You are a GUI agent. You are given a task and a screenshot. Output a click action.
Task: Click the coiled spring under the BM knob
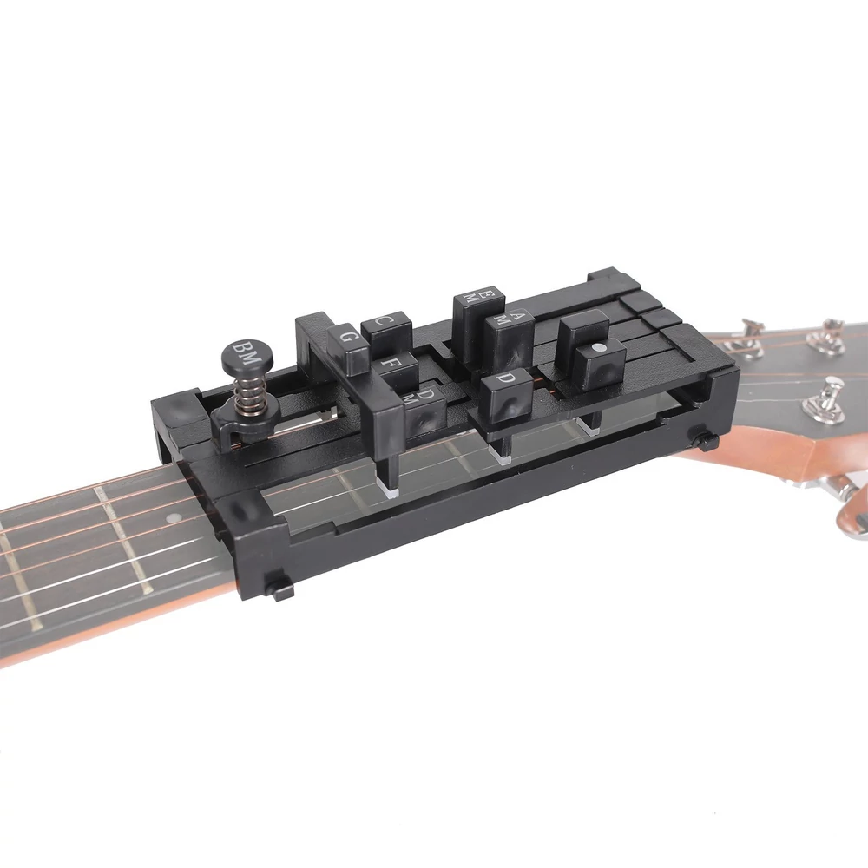tap(246, 393)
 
